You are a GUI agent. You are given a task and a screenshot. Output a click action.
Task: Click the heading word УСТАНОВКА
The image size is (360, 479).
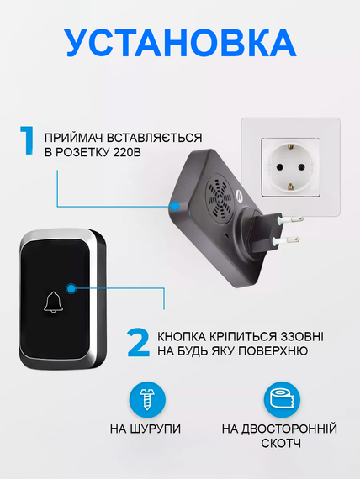(181, 43)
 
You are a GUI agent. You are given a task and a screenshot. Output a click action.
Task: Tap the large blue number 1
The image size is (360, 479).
(27, 139)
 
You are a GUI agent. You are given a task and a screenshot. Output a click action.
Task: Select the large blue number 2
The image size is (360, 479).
(138, 343)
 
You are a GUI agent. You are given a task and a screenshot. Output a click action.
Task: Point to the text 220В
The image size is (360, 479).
(127, 152)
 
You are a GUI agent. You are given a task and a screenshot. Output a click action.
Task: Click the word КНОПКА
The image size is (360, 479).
(182, 337)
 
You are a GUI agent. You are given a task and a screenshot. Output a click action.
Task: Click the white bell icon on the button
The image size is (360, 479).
(53, 302)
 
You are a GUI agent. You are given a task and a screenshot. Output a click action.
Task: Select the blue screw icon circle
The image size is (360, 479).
(147, 400)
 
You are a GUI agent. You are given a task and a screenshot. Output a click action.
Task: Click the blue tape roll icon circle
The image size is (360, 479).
(282, 400)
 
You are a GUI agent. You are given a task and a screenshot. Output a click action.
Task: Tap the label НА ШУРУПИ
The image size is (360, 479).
(146, 429)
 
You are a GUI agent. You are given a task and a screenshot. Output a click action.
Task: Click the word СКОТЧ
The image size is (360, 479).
(281, 443)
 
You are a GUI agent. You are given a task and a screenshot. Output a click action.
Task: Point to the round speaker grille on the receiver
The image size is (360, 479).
(220, 196)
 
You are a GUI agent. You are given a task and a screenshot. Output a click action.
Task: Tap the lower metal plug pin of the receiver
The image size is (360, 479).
(287, 240)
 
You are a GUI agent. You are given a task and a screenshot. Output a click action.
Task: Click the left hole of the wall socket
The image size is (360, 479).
(279, 167)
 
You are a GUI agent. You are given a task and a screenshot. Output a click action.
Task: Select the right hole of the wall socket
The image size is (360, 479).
(302, 167)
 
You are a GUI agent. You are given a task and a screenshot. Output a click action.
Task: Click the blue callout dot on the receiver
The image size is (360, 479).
(175, 206)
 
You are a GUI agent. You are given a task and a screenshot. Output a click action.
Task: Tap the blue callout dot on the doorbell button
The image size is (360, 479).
(71, 287)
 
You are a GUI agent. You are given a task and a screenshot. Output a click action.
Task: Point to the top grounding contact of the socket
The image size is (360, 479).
(290, 149)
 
